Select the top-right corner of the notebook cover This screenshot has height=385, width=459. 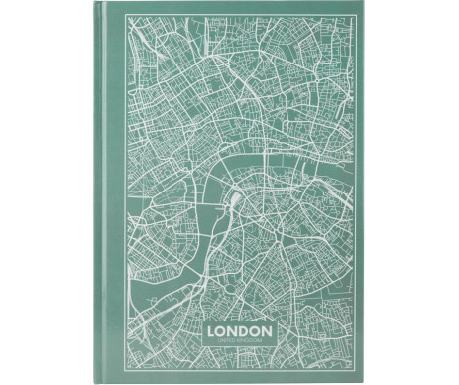coord(361,6)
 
